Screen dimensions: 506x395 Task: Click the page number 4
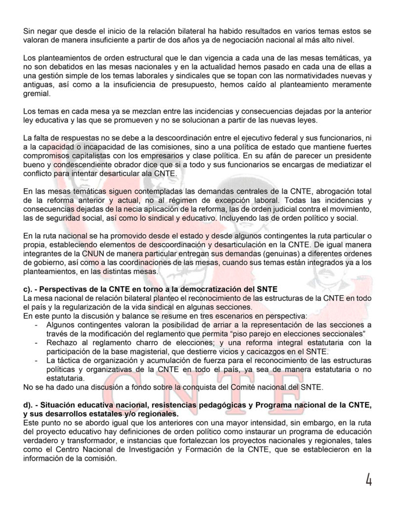click(368, 479)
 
